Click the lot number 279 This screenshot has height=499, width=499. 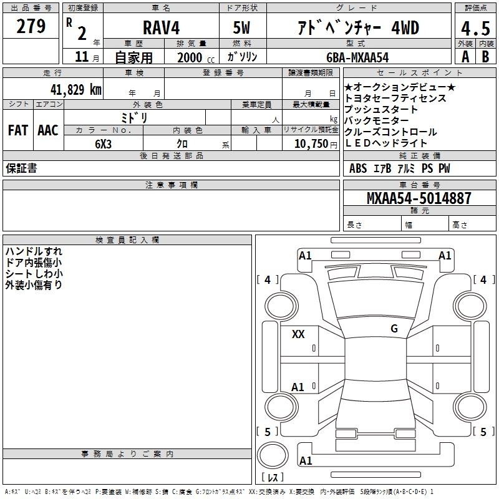click(x=31, y=26)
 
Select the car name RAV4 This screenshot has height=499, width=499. click(x=161, y=27)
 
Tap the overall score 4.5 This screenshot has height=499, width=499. click(x=475, y=28)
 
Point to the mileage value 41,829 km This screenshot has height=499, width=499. click(x=75, y=89)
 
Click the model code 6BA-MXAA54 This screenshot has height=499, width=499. click(x=357, y=57)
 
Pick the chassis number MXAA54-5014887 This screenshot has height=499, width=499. click(x=419, y=198)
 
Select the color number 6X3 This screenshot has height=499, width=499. click(x=103, y=144)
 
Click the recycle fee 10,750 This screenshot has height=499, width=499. click(x=311, y=144)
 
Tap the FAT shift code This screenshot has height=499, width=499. click(x=18, y=130)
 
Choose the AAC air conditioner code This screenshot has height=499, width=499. click(x=48, y=130)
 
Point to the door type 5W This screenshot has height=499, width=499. click(x=241, y=27)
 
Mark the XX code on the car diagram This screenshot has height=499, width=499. click(x=298, y=334)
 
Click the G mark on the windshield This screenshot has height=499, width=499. click(x=394, y=329)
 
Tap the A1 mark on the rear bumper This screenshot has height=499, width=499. click(x=306, y=460)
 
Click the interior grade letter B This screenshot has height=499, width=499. click(x=485, y=57)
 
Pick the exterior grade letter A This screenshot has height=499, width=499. click(x=465, y=57)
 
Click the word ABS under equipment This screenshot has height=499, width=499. click(x=358, y=168)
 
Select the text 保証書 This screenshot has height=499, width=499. click(x=21, y=168)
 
